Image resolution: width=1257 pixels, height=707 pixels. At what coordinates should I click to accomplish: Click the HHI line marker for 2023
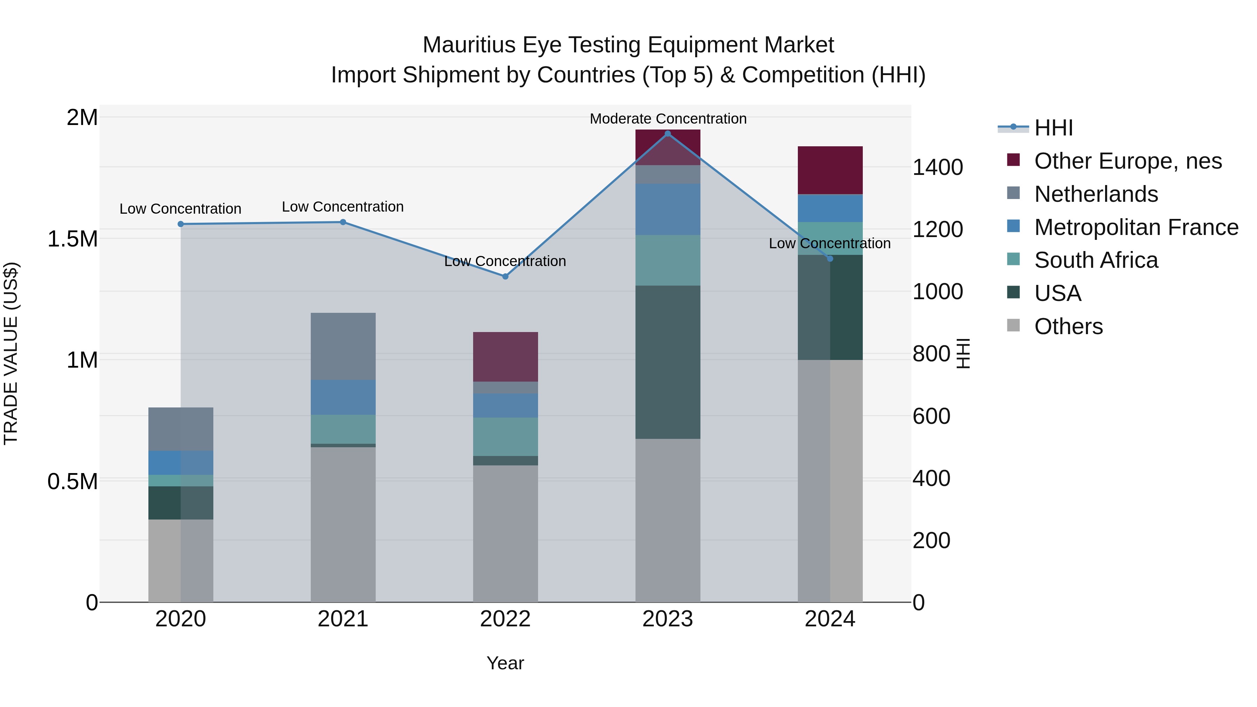668,134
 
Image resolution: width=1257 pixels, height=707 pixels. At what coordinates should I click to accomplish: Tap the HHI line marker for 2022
505,277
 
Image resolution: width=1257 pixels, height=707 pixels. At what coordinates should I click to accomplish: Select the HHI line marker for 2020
181,224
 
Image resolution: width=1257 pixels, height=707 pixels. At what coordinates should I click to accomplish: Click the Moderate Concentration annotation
668,119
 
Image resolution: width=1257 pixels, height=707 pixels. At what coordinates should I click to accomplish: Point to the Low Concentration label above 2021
343,207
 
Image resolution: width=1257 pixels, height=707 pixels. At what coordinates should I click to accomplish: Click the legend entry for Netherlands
1095,194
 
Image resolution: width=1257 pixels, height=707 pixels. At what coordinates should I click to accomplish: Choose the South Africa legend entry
1095,260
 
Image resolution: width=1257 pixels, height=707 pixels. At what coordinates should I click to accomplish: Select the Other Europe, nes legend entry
1127,161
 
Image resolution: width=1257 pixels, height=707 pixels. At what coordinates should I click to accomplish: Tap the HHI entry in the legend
1053,128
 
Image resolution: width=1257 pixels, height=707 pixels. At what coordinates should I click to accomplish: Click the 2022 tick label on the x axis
505,619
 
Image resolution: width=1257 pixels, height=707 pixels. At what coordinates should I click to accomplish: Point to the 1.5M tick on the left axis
73,239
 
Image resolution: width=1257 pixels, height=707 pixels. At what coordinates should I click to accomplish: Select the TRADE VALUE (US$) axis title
11,353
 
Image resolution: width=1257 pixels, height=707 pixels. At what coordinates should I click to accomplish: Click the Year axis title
505,663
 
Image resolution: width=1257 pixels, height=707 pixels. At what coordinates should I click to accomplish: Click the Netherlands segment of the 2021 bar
343,346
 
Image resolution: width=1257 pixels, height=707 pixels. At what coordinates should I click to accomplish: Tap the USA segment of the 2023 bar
668,362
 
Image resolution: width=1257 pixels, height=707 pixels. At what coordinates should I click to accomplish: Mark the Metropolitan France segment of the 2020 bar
181,463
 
